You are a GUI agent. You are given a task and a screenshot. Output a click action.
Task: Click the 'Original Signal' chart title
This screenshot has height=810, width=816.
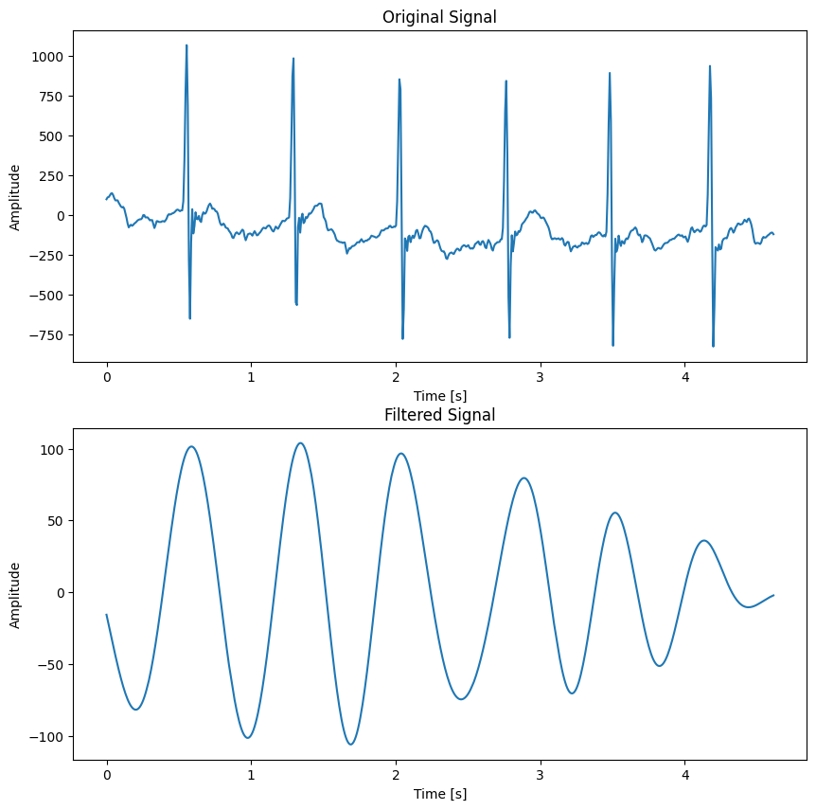click(439, 17)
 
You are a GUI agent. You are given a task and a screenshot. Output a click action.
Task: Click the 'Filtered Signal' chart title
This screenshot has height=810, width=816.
click(439, 415)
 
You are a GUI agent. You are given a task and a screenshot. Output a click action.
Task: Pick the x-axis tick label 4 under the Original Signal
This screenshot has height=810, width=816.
click(684, 376)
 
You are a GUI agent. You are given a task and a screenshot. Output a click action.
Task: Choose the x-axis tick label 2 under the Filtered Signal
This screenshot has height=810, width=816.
click(396, 774)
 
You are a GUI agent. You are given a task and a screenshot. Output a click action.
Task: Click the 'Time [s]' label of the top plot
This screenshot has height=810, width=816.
click(439, 395)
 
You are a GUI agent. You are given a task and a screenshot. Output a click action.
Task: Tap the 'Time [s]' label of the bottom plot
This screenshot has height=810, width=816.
click(439, 793)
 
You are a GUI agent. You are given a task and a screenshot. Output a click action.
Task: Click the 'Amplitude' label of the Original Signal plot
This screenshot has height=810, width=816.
click(15, 197)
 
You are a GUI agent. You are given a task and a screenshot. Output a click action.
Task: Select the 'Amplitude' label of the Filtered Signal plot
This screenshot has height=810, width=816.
click(15, 595)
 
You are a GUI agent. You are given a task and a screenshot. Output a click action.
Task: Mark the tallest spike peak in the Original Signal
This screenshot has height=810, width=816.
click(186, 45)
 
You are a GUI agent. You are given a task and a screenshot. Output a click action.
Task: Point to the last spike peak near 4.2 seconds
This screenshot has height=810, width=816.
click(709, 66)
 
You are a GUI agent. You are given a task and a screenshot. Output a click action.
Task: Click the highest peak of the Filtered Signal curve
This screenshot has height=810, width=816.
click(300, 443)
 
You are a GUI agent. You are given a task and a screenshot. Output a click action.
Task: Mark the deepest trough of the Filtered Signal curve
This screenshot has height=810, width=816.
click(351, 744)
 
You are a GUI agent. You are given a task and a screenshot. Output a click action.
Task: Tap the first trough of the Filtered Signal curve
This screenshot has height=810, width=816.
click(136, 710)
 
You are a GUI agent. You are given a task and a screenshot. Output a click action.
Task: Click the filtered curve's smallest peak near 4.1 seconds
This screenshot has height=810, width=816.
click(703, 541)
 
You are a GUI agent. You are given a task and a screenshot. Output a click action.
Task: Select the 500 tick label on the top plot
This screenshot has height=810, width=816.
click(52, 136)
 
